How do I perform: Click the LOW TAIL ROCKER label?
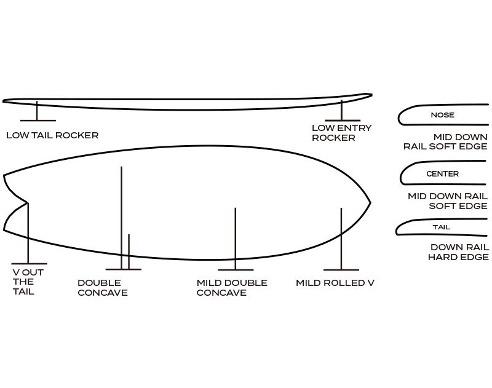[x=52, y=135]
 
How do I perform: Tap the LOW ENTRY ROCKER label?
[x=341, y=133]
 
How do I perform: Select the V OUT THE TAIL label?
[x=28, y=282]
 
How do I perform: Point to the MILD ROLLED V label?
[x=335, y=283]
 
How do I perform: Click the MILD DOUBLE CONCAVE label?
[x=232, y=288]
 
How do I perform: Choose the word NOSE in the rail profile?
[x=442, y=115]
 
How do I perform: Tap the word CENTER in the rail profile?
[x=442, y=174]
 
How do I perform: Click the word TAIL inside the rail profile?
[x=441, y=228]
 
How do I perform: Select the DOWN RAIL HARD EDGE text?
[x=458, y=252]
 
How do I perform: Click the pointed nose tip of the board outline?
[x=370, y=202]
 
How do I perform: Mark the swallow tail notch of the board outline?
[x=27, y=202]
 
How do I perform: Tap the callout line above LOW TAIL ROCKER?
[x=38, y=111]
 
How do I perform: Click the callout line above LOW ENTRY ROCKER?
[x=342, y=111]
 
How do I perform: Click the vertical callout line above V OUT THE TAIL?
[x=28, y=234]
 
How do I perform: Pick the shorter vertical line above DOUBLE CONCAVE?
[x=129, y=251]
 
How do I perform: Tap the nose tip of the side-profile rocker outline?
[x=371, y=95]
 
